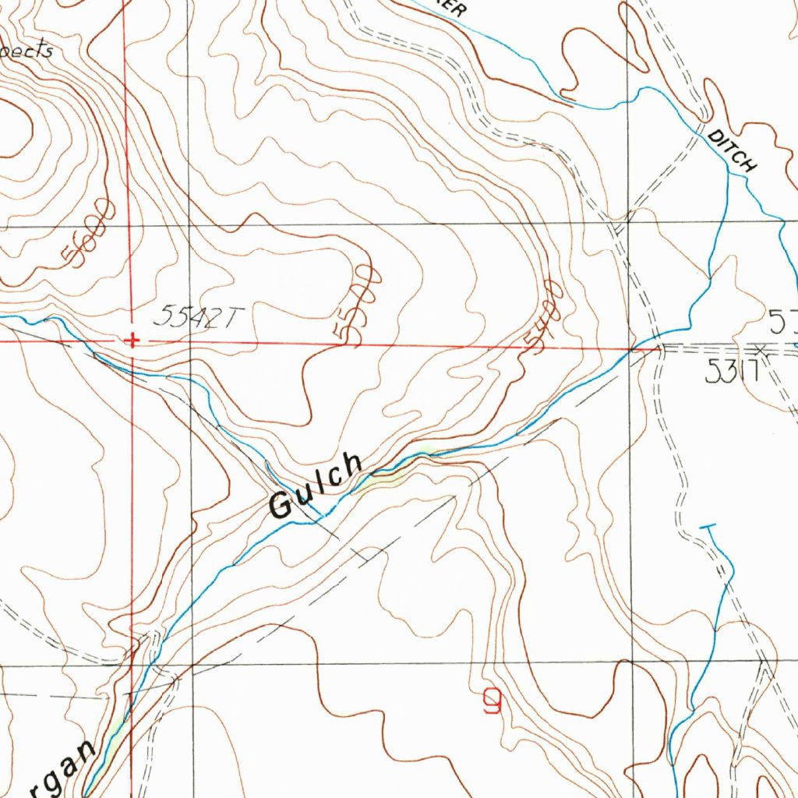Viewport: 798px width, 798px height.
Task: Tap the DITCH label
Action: coord(733,151)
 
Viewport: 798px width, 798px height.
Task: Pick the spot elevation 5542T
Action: coord(199,316)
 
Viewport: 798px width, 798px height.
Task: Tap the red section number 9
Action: coord(492,704)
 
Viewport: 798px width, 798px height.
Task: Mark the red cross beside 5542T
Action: coord(133,341)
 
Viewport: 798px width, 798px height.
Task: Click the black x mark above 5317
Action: coord(761,352)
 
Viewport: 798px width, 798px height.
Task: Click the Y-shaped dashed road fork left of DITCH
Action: coord(623,226)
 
